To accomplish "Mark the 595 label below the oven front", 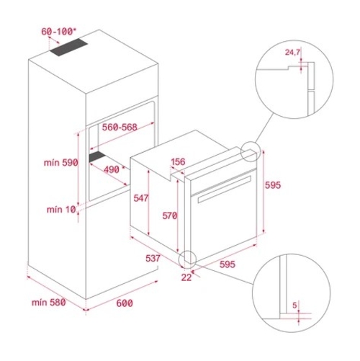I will pyautogui.click(x=227, y=264).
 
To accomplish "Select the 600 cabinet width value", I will pyautogui.click(x=125, y=303).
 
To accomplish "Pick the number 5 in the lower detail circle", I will pyautogui.click(x=295, y=305).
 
